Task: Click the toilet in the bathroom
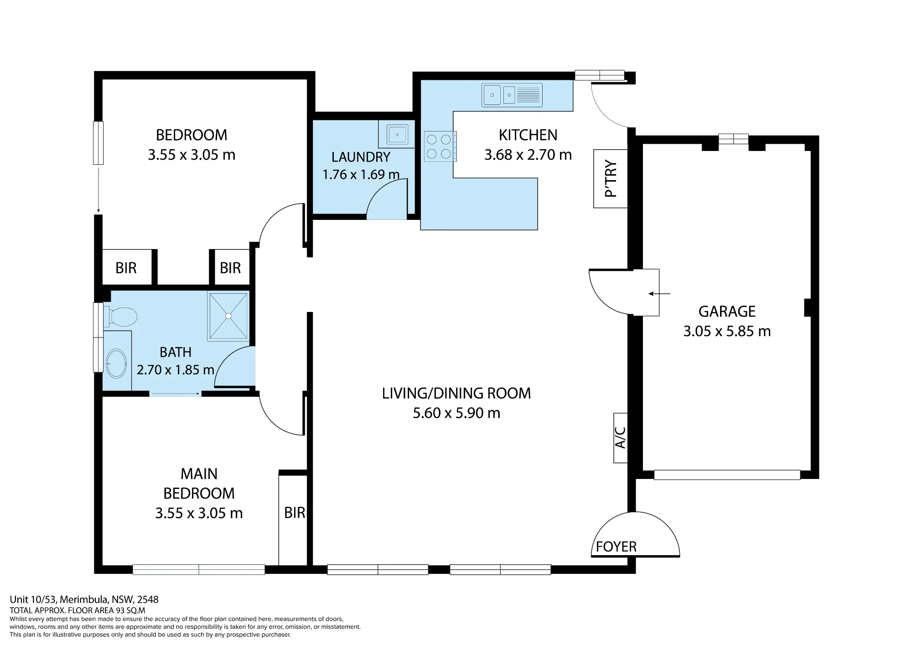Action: (x=120, y=317)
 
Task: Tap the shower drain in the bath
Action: (x=228, y=316)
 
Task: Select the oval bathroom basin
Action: (x=116, y=364)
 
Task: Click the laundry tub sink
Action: (x=397, y=135)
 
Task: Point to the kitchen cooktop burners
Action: (x=439, y=146)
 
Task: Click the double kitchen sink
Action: (x=512, y=95)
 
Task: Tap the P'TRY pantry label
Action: (x=611, y=179)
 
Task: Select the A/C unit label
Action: (x=621, y=438)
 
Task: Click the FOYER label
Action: (x=616, y=546)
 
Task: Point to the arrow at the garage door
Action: (x=659, y=294)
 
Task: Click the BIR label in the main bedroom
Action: (x=295, y=513)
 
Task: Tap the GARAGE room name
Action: (x=727, y=312)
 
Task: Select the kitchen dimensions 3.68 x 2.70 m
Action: (x=528, y=155)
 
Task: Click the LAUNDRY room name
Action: (x=361, y=157)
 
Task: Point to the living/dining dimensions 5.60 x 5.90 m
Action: (x=456, y=413)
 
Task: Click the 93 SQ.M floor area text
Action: (x=129, y=611)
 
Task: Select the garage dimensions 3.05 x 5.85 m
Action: (x=727, y=332)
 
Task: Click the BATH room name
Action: (x=175, y=353)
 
